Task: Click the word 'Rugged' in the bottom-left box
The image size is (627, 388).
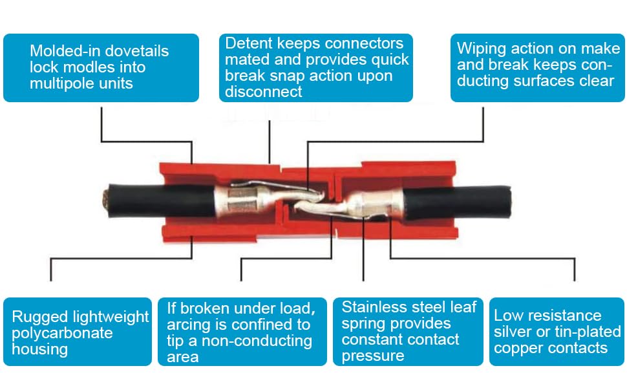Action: [x=39, y=316]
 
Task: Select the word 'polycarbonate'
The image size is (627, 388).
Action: [x=62, y=333]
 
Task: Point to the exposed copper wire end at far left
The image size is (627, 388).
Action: [x=105, y=200]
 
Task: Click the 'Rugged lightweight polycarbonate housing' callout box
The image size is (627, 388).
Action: [x=78, y=332]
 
